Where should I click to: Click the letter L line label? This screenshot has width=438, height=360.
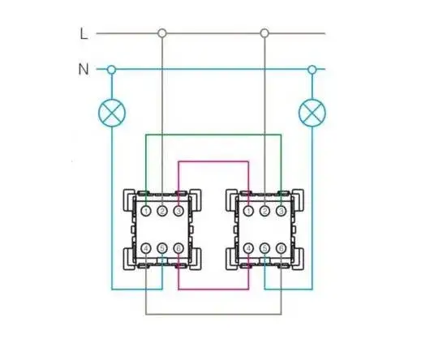[x=84, y=34]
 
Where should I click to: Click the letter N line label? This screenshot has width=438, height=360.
[x=84, y=69]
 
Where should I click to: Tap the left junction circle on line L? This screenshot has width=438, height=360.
[x=162, y=33]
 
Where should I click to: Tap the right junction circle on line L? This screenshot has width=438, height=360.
[x=264, y=33]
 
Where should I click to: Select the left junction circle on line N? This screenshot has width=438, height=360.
[x=111, y=70]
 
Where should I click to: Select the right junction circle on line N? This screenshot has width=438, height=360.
[x=312, y=70]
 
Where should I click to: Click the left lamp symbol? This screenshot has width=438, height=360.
[x=112, y=113]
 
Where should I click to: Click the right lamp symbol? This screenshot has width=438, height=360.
[x=312, y=113]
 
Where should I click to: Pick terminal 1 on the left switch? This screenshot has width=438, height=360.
[x=146, y=211]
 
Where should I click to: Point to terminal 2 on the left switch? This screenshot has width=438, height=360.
[x=162, y=211]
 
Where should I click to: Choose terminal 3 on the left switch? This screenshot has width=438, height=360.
[x=178, y=211]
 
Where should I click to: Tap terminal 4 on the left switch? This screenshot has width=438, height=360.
[x=146, y=248]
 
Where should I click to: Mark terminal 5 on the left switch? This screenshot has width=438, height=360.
[x=162, y=248]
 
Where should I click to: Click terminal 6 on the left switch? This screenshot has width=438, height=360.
[x=178, y=248]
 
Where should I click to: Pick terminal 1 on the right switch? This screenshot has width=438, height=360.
[x=248, y=211]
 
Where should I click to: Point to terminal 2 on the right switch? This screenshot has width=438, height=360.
[x=264, y=211]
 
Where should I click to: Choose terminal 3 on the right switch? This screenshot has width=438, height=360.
[x=281, y=211]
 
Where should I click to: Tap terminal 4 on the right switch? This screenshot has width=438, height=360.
[x=248, y=248]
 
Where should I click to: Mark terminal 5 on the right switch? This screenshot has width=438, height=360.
[x=264, y=248]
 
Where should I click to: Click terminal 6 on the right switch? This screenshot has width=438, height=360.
[x=281, y=248]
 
